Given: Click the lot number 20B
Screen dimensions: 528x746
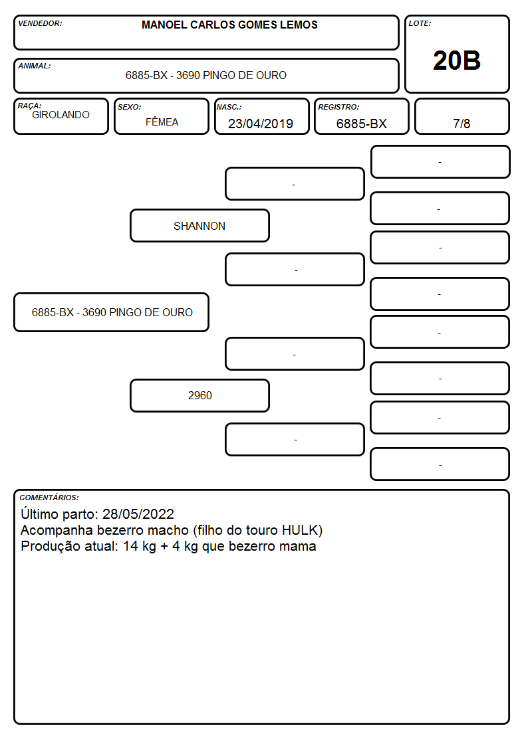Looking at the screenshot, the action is [457, 60].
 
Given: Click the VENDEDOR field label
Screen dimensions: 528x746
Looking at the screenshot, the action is [40, 23].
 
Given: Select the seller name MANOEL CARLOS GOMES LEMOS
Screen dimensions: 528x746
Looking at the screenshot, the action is [229, 25].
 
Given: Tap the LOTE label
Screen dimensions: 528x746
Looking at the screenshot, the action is [420, 23].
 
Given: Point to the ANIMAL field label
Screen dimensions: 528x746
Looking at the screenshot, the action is [35, 66].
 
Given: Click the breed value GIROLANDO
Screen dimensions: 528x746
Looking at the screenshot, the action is [61, 115].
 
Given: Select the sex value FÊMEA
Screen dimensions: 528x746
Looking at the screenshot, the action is [162, 122].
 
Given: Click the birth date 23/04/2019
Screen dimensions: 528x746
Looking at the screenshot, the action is [261, 124].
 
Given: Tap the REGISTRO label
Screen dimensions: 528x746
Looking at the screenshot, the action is [338, 107].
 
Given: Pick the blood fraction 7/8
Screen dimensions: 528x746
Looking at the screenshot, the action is [462, 124].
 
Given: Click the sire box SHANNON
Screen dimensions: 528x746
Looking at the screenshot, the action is [199, 225].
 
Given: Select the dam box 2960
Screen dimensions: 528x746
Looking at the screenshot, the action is [199, 395].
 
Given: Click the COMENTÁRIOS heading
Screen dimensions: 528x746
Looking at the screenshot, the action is [49, 498].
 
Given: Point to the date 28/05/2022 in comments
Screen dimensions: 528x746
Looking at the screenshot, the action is [138, 513].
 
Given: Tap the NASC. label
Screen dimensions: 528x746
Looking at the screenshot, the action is [229, 107].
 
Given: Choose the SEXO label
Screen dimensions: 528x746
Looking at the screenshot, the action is [130, 107].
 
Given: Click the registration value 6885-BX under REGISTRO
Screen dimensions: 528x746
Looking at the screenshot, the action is [361, 124].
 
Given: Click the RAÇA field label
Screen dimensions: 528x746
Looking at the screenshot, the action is [29, 106].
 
